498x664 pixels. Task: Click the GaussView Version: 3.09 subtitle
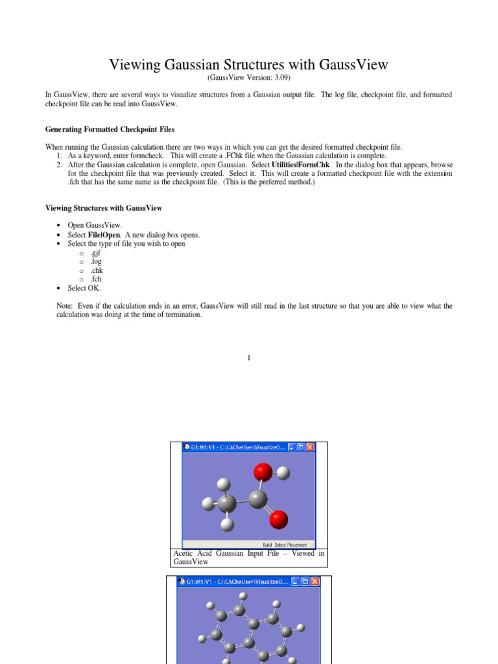pyautogui.click(x=248, y=77)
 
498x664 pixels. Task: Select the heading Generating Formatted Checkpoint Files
pyautogui.click(x=110, y=130)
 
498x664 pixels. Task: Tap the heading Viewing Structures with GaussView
pyautogui.click(x=104, y=208)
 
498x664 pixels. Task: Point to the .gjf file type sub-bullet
pyautogui.click(x=97, y=253)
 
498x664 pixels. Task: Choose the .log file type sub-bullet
pyautogui.click(x=97, y=261)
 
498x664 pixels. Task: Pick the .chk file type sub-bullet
pyautogui.click(x=97, y=270)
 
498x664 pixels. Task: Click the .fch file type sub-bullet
pyautogui.click(x=97, y=279)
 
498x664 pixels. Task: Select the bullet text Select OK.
pyautogui.click(x=84, y=288)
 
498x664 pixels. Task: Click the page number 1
pyautogui.click(x=249, y=358)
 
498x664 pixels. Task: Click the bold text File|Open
pyautogui.click(x=104, y=235)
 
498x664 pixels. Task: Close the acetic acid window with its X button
pyautogui.click(x=310, y=447)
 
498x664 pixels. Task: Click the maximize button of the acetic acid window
pyautogui.click(x=301, y=447)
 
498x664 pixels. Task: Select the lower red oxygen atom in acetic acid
pyautogui.click(x=278, y=519)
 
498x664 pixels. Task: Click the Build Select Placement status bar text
pyautogui.click(x=284, y=545)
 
